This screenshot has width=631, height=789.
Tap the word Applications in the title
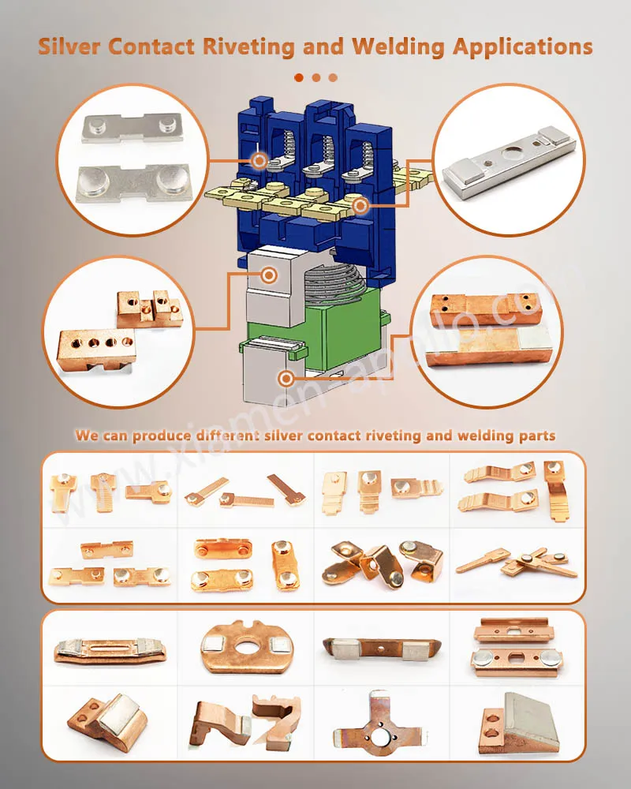[522, 46]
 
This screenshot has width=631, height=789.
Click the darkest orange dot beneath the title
[299, 77]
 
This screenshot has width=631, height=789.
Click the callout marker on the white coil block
[269, 275]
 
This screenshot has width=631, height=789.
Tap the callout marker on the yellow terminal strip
[361, 206]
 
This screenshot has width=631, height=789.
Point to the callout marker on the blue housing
[259, 161]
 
